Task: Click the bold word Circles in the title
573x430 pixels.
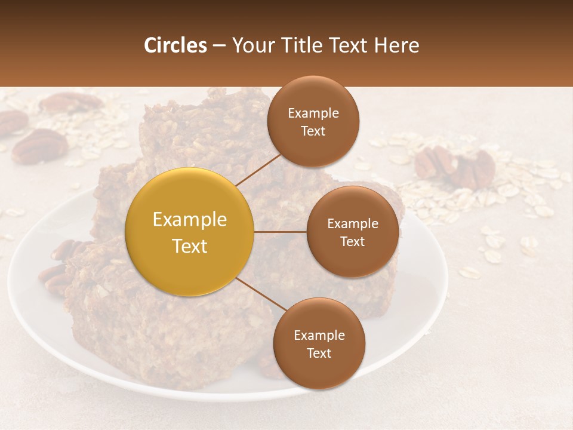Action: coord(175,45)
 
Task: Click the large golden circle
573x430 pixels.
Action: coord(190,232)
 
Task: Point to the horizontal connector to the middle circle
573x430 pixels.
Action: coord(281,232)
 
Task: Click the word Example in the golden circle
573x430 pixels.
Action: coord(190,220)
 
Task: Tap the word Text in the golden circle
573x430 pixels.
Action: coord(190,246)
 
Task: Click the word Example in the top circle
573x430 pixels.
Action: coord(313,113)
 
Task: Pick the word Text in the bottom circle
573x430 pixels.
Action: coord(319,353)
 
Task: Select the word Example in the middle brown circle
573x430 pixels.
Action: coord(352,223)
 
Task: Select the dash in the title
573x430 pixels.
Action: coord(218,45)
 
